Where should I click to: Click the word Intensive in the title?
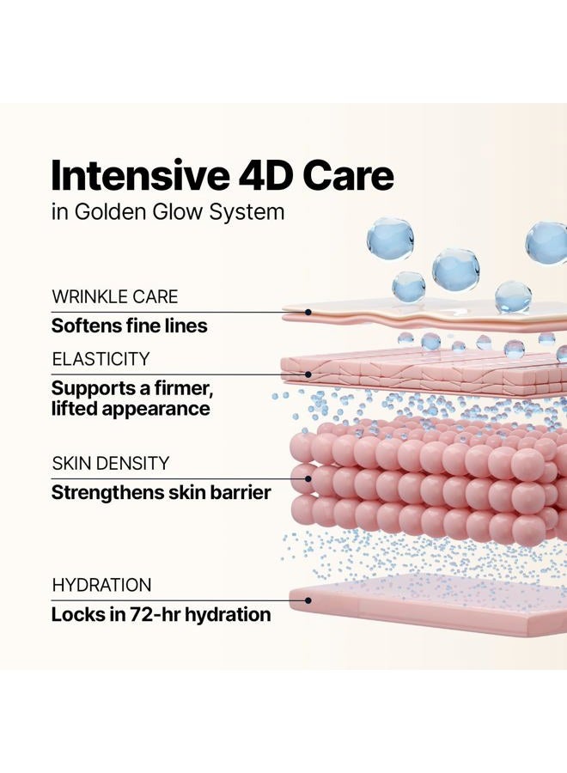(x=140, y=175)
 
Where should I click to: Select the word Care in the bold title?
(x=348, y=176)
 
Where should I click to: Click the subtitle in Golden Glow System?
(x=168, y=212)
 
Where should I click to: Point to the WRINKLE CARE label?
(x=115, y=297)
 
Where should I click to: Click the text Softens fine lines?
(x=129, y=326)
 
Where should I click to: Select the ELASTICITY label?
(x=101, y=359)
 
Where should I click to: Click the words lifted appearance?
(x=131, y=409)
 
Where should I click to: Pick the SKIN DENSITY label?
(x=111, y=464)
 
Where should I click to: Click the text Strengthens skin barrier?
(x=162, y=492)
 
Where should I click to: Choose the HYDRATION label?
(x=101, y=585)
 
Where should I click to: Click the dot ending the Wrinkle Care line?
(x=308, y=312)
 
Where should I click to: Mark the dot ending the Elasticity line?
(x=308, y=374)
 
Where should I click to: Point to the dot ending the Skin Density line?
(x=308, y=478)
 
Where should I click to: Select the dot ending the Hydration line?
(x=308, y=600)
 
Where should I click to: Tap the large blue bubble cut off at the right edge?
(x=547, y=242)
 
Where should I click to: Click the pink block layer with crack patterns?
(x=424, y=372)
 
